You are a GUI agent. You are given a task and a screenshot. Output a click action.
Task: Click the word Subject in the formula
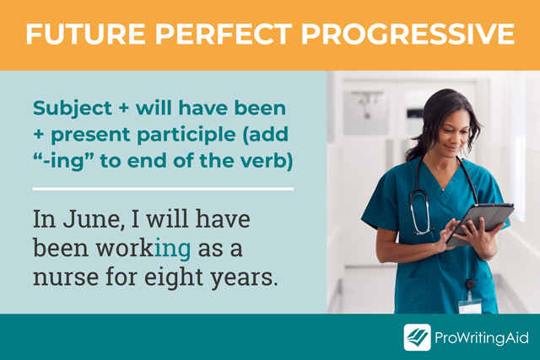(73, 109)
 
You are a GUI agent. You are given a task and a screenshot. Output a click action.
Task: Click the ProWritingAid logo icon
(417, 336)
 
